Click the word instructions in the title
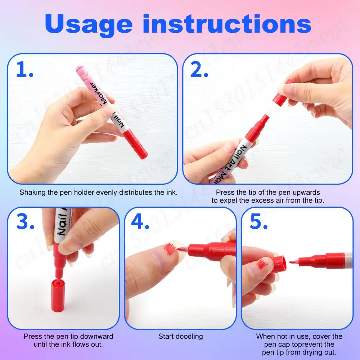[x=227, y=24]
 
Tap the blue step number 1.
[x=25, y=71]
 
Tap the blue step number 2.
[x=199, y=71]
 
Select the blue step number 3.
[x=25, y=222]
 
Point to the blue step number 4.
[x=140, y=222]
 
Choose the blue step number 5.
[x=258, y=222]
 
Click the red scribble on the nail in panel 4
[x=170, y=248]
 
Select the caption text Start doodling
[x=180, y=337]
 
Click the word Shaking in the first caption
[x=31, y=193]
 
